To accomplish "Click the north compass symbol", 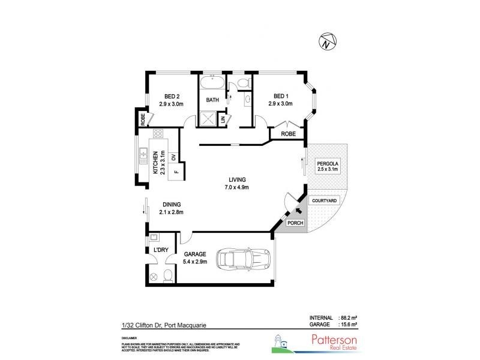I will pos(326,41).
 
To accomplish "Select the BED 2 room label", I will pos(171,100).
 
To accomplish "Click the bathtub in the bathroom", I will pos(212,82).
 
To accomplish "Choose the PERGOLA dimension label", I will pos(328,166).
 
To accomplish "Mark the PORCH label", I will pos(296,223).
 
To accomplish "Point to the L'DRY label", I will pos(160,249).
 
